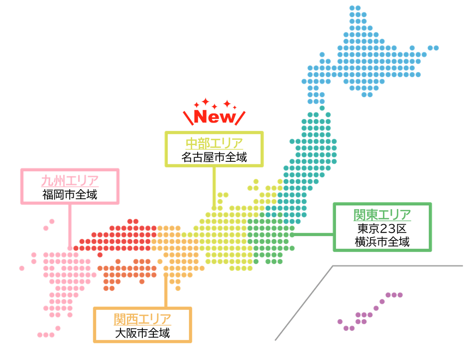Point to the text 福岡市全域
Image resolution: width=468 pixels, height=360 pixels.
tap(70, 194)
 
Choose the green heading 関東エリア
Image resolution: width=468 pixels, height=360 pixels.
tap(382, 215)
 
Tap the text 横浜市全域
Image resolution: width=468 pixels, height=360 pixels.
tap(382, 242)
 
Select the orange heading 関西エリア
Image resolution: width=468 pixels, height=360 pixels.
tap(142, 319)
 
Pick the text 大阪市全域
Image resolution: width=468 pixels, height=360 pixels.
tap(142, 333)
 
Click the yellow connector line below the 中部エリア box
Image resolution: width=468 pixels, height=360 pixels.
tap(214, 187)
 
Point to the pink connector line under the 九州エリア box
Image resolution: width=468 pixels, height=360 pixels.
tap(69, 224)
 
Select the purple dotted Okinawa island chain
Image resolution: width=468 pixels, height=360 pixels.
tap(368, 311)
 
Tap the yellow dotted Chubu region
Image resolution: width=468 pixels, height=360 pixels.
tap(224, 234)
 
